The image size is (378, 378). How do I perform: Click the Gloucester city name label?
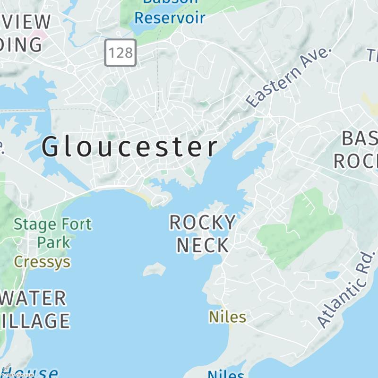click(x=130, y=147)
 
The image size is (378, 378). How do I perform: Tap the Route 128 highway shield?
click(x=120, y=52)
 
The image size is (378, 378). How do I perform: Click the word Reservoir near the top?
click(x=170, y=18)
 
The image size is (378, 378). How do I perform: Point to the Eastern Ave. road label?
click(x=289, y=77)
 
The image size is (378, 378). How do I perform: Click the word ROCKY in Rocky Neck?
click(x=202, y=223)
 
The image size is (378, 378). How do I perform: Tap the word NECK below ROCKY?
click(x=202, y=245)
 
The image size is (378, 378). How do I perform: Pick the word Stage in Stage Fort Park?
click(x=33, y=224)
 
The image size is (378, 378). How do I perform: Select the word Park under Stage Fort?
click(x=54, y=242)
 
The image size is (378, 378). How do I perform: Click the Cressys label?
click(x=42, y=261)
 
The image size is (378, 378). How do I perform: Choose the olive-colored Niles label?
click(x=228, y=317)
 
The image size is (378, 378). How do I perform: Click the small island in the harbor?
click(x=155, y=270)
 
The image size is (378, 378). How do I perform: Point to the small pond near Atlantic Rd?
click(x=333, y=275)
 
